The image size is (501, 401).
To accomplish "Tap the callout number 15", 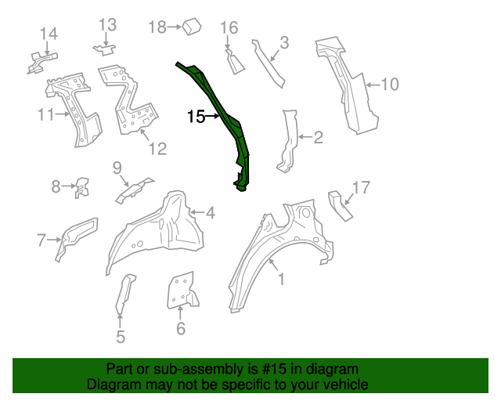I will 196,117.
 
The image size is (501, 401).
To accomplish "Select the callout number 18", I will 157,27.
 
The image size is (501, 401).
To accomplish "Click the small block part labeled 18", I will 192,27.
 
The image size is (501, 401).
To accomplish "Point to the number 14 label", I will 49,33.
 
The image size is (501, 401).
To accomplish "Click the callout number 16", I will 229,28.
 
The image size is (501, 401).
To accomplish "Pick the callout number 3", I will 284,42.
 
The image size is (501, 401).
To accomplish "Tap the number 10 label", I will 390,84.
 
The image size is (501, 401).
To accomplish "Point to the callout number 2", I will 319,139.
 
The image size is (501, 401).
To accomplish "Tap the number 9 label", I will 117,167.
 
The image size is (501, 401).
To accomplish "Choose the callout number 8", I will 56,186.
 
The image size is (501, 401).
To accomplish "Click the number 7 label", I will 41,240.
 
